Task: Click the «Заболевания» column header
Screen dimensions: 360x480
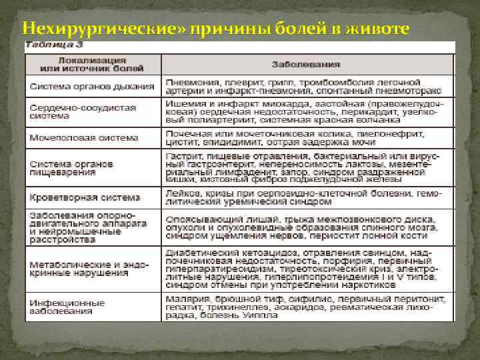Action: click(x=306, y=65)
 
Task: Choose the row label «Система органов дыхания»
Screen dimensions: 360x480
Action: click(x=91, y=86)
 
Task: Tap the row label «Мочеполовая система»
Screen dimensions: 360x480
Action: click(x=83, y=138)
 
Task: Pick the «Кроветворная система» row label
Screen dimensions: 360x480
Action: click(x=85, y=197)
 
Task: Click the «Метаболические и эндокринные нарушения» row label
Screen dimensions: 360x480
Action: click(x=79, y=269)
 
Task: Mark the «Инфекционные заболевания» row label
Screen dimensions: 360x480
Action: click(x=67, y=306)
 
